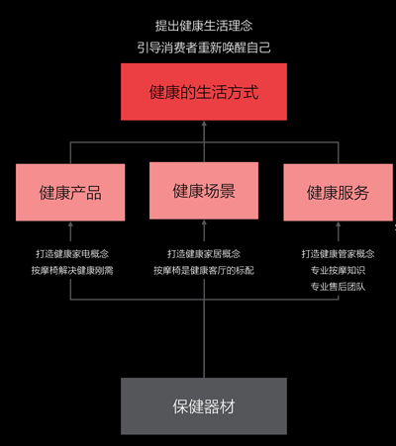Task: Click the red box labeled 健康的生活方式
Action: click(x=204, y=92)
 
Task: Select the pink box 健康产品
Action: click(x=70, y=192)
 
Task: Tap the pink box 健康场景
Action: click(x=204, y=191)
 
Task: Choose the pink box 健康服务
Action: click(x=338, y=192)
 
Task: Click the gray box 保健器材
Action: click(x=204, y=406)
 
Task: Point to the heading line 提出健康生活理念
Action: click(x=204, y=26)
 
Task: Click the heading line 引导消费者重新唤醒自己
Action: click(x=204, y=47)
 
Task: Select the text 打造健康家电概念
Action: click(x=72, y=254)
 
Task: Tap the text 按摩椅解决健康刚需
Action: click(x=72, y=271)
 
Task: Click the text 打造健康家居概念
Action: click(x=204, y=254)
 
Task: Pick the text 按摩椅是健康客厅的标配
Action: click(x=204, y=271)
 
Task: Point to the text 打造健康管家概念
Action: click(x=338, y=254)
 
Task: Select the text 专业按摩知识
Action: click(x=338, y=270)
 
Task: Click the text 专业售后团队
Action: click(x=338, y=287)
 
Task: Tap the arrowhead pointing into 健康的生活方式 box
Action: click(x=204, y=124)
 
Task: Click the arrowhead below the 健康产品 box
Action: click(x=70, y=224)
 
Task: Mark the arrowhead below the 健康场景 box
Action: click(x=204, y=223)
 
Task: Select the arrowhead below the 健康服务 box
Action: click(x=338, y=224)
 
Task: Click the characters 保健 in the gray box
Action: click(x=188, y=406)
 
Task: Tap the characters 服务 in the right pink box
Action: click(x=353, y=193)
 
